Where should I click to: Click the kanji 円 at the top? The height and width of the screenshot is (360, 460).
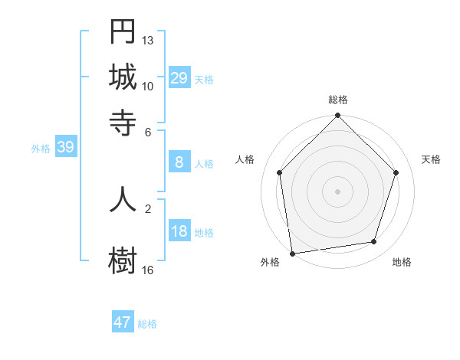(x=123, y=31)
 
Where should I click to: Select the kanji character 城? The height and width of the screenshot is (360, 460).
(x=123, y=77)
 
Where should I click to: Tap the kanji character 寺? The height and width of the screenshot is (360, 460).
(x=123, y=122)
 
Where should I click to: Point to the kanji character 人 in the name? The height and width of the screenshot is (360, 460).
(x=123, y=198)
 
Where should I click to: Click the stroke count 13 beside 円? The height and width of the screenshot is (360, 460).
(x=148, y=40)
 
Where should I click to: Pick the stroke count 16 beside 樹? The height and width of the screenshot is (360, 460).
(x=148, y=270)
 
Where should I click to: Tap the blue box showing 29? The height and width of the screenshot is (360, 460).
(x=179, y=77)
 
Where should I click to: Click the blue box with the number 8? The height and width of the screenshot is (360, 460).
(x=179, y=162)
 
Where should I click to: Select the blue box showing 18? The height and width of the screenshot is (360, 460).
(x=179, y=231)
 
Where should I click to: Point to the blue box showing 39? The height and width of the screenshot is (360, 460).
(x=65, y=147)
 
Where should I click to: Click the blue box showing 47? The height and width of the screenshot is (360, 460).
(x=123, y=322)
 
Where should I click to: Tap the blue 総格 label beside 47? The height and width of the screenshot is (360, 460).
(x=147, y=324)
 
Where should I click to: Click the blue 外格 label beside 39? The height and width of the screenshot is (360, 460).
(x=41, y=149)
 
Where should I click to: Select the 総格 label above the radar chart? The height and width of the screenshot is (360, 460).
(x=337, y=100)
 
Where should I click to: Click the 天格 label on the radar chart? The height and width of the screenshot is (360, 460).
(x=431, y=159)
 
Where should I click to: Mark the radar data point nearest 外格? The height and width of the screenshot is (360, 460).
(x=292, y=253)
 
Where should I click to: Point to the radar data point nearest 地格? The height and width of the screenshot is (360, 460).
(x=374, y=242)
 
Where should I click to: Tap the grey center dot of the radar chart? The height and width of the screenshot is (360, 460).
(x=337, y=191)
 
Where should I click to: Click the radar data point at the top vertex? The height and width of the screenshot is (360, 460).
(x=337, y=116)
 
